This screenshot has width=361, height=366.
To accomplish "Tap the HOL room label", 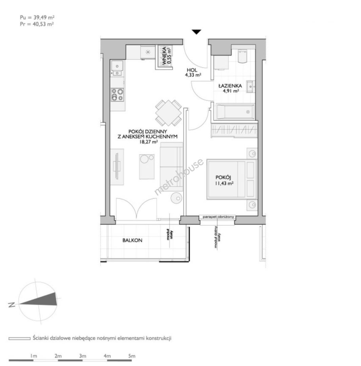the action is point(192,70).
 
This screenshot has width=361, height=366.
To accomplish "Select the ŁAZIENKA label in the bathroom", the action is point(230,86).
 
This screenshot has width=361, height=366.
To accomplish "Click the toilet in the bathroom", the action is point(242,56).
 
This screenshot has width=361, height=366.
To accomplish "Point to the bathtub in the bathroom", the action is point(235,112).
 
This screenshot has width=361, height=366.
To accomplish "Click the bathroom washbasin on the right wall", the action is point(250,87).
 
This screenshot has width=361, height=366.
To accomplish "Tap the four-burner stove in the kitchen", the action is point(117,95).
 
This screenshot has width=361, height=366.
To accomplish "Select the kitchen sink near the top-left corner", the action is point(117,68).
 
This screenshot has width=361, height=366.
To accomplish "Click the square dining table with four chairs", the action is point(168,113).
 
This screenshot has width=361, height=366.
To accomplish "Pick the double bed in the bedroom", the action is point(232,179).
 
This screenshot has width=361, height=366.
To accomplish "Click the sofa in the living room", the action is point(172,167).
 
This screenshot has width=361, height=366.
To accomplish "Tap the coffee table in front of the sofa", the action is point(147,167).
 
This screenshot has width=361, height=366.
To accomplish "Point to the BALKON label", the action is point(132,240).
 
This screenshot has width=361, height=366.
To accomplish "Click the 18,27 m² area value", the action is point(148,142).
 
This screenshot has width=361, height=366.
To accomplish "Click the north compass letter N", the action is point(12,305).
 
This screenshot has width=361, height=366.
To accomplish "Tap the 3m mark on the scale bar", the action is point(83,356).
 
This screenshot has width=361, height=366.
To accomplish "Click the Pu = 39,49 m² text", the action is point(37,18).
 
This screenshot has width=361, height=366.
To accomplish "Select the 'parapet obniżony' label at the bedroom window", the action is point(218,217).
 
